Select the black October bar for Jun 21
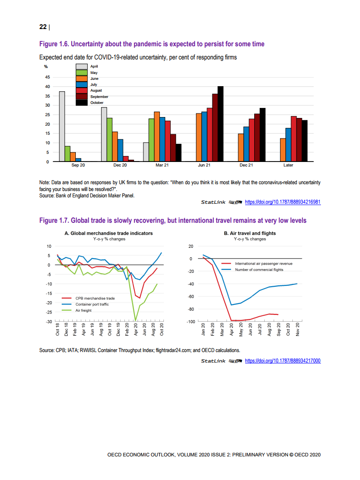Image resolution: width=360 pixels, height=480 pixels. [221, 123]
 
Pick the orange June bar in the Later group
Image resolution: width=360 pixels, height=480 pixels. [283, 150]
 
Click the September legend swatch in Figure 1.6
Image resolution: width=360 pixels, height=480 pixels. [81, 97]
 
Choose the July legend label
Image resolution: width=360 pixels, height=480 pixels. [94, 84]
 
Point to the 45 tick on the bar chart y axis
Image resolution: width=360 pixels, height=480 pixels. [47, 77]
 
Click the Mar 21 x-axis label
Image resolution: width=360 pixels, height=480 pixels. [162, 165]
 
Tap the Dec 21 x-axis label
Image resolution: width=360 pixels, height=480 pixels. [246, 165]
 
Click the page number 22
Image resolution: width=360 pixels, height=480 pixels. [43, 27]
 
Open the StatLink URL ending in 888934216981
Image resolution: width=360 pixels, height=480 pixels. [283, 202]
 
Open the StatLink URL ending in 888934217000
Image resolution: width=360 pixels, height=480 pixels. [283, 361]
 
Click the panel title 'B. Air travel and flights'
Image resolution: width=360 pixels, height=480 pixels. [250, 233]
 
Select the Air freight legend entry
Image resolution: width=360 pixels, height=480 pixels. [84, 310]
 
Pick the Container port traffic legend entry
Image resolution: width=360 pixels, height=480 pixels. [92, 304]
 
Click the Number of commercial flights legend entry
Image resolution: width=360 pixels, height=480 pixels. [259, 269]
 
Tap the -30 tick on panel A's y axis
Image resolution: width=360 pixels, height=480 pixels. [48, 322]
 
